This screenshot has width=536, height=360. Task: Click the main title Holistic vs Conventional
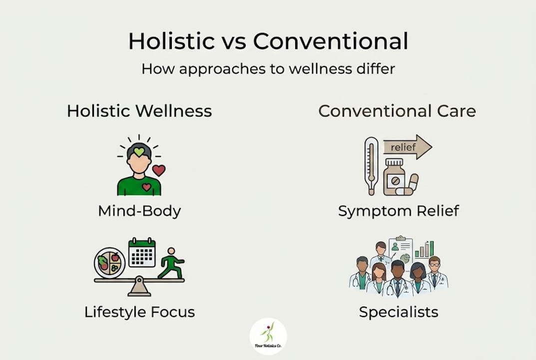click(268, 41)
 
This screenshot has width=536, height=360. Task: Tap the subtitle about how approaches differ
click(268, 69)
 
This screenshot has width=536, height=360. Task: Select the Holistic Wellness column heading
click(139, 111)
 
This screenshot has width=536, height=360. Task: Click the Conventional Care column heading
click(397, 111)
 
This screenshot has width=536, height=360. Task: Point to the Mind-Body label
click(139, 211)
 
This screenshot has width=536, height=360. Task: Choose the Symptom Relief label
click(399, 211)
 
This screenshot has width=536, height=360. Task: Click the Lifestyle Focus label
click(139, 311)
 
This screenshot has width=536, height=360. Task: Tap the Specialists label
click(399, 311)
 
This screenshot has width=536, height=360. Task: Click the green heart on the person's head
click(139, 151)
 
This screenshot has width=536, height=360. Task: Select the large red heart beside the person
click(159, 170)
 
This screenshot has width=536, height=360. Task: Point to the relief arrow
click(408, 147)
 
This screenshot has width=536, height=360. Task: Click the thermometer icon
click(371, 166)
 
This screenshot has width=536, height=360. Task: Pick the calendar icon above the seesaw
click(142, 252)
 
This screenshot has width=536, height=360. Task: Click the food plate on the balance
click(109, 263)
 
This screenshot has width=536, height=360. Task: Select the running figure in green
click(171, 263)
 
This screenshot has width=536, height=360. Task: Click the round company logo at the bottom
click(268, 336)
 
